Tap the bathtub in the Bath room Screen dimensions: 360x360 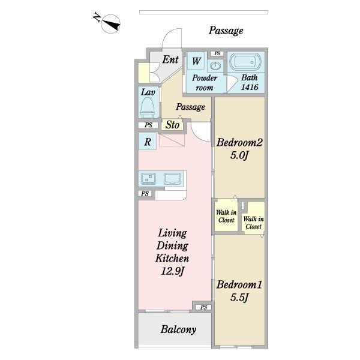245,62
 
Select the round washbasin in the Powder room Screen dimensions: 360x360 215,66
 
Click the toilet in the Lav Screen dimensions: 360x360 148,107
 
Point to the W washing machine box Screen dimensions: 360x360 196,61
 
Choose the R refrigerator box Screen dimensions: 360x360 148,142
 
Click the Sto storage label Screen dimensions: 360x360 172,125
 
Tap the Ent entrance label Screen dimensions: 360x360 170,59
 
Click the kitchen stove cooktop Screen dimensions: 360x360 148,179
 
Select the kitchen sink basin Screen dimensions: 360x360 172,179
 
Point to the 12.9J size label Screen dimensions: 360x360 172,271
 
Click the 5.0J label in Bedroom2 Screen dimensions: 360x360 239,155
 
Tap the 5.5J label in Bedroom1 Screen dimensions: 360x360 239,298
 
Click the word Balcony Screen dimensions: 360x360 178,329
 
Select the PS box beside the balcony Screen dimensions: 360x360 203,307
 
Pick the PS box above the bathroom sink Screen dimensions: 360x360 217,53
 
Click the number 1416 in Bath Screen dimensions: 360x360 250,87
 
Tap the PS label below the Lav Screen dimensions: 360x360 148,125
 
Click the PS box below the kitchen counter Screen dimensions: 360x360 145,194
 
